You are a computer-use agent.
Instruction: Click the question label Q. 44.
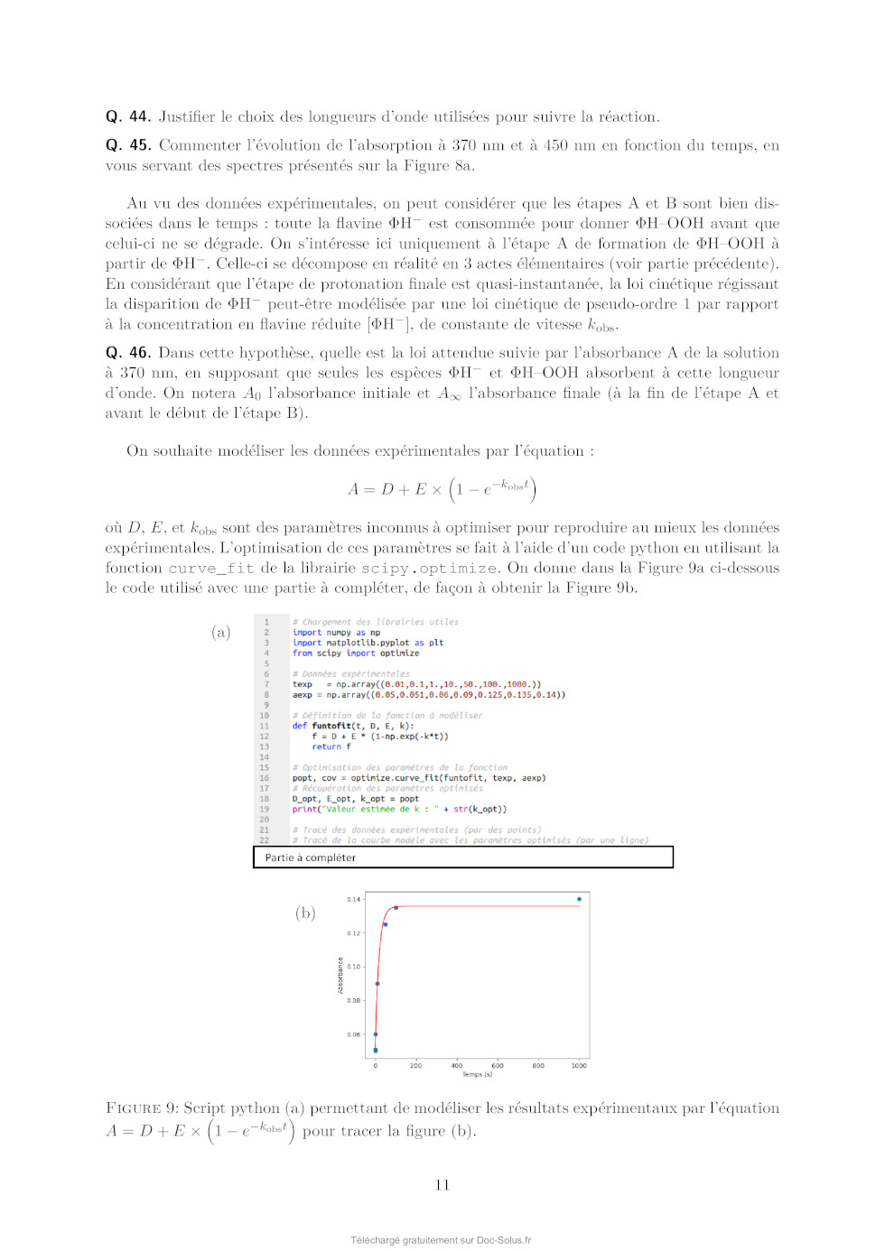tap(127, 116)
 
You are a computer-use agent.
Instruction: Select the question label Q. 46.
tap(127, 353)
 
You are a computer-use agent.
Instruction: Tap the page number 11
tap(442, 1185)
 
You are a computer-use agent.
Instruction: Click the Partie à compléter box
tap(463, 857)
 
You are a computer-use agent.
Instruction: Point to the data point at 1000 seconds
tap(579, 899)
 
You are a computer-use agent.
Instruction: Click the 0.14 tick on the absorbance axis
tap(353, 899)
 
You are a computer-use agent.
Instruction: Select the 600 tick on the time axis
tap(498, 1065)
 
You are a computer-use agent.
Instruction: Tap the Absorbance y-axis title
tap(340, 976)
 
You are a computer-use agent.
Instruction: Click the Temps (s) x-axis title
tap(477, 1074)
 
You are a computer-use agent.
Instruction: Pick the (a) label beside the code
tap(221, 632)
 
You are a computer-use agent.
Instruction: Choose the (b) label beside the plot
tap(305, 913)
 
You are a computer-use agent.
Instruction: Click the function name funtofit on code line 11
tap(331, 726)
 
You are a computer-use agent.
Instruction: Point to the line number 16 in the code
tap(265, 778)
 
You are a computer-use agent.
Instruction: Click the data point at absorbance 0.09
tap(377, 984)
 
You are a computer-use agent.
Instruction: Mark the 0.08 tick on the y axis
tap(353, 1001)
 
